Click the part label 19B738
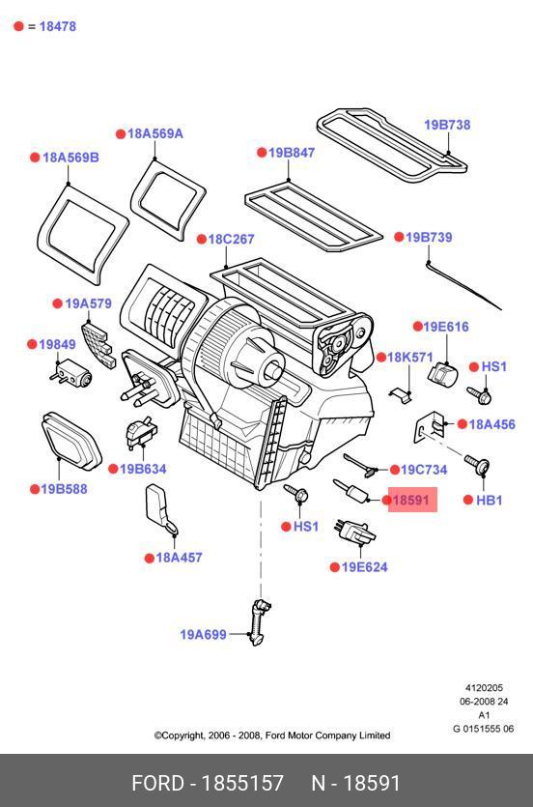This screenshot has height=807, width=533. click(447, 125)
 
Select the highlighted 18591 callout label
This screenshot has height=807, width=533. click(412, 500)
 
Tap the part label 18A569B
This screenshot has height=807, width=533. click(70, 158)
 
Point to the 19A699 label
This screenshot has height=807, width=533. click(203, 634)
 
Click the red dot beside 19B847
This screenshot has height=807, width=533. click(262, 153)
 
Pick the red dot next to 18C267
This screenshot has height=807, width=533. click(202, 240)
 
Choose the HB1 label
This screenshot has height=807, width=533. click(489, 500)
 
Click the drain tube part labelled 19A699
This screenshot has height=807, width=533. click(259, 621)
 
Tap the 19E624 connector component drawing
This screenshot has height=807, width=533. click(355, 533)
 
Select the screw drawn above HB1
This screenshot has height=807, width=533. click(478, 464)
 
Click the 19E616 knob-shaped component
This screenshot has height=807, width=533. click(441, 374)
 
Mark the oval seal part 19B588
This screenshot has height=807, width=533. click(70, 440)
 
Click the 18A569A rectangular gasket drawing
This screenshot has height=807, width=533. click(168, 199)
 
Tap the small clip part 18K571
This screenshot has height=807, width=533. click(401, 394)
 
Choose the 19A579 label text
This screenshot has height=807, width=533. click(89, 303)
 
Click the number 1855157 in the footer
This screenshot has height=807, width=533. click(242, 784)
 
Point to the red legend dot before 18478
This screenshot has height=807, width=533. click(19, 26)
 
